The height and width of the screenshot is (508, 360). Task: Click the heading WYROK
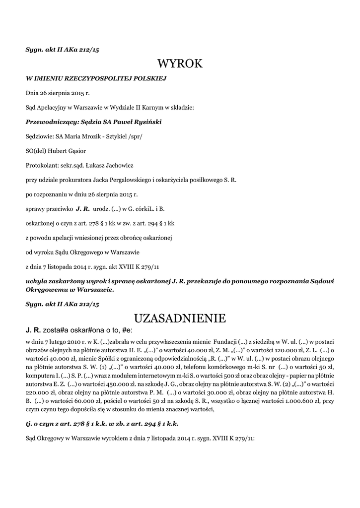180,63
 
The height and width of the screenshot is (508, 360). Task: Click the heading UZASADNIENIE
180,317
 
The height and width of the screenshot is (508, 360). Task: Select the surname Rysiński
147,122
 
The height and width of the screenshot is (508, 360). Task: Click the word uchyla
38,281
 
